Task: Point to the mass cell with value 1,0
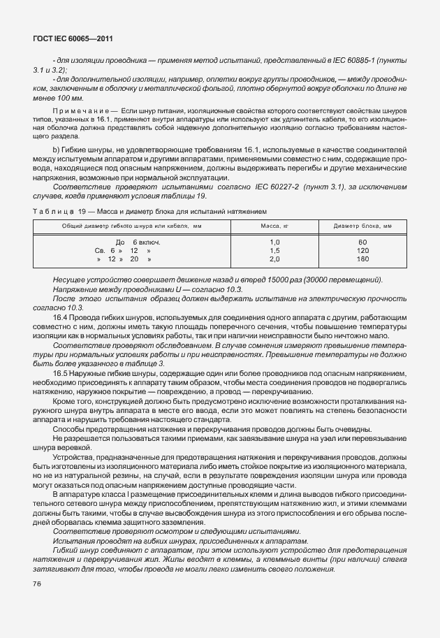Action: point(274,242)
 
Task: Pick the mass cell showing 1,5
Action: point(274,250)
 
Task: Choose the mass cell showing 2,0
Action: point(274,259)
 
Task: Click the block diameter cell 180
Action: point(362,259)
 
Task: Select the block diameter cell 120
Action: point(362,250)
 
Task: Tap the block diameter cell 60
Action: point(362,242)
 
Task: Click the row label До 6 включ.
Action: point(133,242)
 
